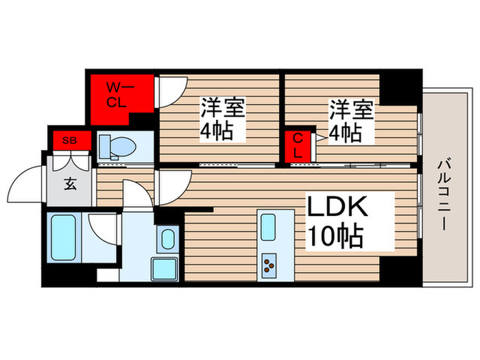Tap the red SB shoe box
(x=69, y=141)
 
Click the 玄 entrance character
(x=70, y=184)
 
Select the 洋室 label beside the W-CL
(x=224, y=108)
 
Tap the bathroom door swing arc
(x=101, y=226)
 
